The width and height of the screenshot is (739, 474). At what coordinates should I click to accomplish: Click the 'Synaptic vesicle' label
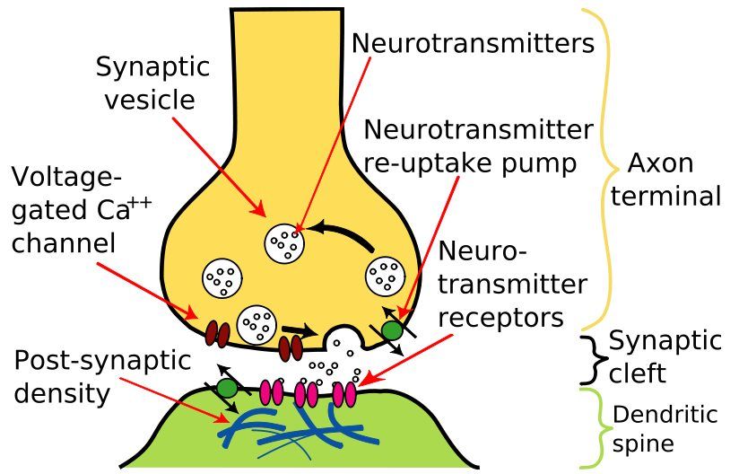[x=152, y=83]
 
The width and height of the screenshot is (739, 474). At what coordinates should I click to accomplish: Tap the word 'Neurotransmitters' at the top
[x=473, y=42]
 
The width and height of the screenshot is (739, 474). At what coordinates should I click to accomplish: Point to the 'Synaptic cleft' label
[x=665, y=355]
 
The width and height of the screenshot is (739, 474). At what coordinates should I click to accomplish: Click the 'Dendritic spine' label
[x=665, y=428]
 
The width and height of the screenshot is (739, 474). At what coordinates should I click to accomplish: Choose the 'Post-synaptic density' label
[x=102, y=376]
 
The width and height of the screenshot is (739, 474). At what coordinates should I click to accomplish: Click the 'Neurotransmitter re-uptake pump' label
[x=477, y=147]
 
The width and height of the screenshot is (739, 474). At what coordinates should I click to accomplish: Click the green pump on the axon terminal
[x=392, y=329]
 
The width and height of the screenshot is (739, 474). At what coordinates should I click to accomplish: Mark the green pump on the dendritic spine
[x=227, y=388]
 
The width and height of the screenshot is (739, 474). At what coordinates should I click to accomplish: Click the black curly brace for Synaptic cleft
[x=589, y=356]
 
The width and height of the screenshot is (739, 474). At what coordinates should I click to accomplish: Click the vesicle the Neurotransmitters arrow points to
[x=286, y=241]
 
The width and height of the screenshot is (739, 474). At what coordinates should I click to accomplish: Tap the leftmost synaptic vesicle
[x=221, y=278]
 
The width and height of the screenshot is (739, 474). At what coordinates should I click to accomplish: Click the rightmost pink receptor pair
[x=343, y=393]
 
